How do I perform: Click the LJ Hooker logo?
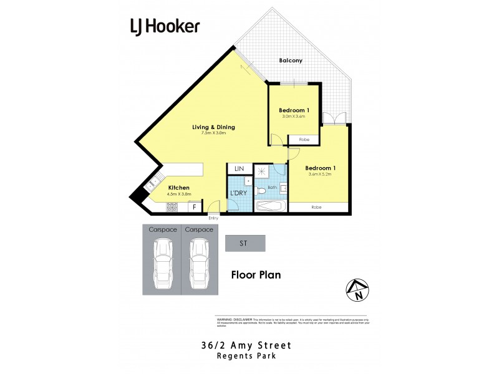[x=165, y=26]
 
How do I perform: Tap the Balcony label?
[x=291, y=60]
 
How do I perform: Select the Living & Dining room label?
[x=213, y=127]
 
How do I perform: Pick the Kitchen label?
[x=179, y=188]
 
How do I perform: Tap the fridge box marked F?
[x=195, y=206]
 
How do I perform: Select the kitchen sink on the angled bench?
[x=150, y=184]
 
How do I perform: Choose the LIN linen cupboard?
[x=239, y=169]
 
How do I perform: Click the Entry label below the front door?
[x=214, y=218]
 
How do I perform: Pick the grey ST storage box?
[x=245, y=243]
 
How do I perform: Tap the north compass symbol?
[x=357, y=290]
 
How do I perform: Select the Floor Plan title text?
[x=256, y=274]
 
